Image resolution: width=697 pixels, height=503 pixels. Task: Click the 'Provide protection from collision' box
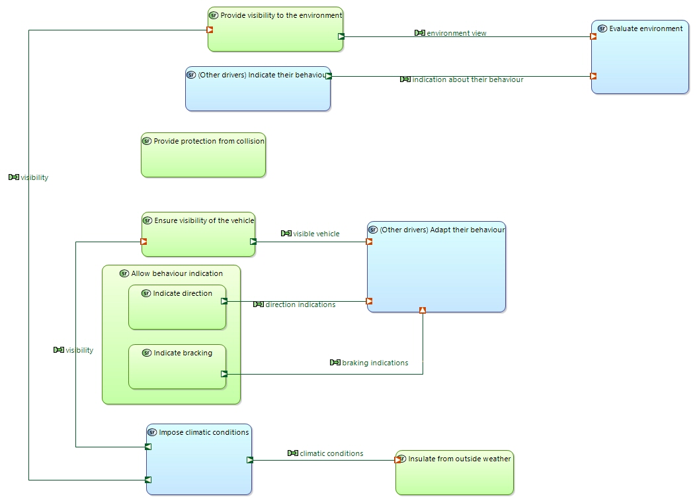(x=203, y=155)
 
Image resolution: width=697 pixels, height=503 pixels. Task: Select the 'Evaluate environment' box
(x=640, y=57)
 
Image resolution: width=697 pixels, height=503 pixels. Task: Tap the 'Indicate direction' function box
(x=177, y=307)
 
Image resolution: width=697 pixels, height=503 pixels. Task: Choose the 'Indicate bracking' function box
(x=177, y=367)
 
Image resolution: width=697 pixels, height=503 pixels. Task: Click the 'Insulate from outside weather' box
(x=455, y=473)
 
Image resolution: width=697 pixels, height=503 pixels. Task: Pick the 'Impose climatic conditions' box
(x=199, y=459)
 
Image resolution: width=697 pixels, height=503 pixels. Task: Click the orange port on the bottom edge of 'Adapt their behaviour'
(x=423, y=310)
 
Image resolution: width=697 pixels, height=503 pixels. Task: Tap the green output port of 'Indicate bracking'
(x=224, y=374)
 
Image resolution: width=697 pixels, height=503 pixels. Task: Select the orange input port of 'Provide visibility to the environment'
(x=210, y=30)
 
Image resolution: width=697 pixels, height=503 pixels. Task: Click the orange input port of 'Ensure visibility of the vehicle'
(x=143, y=242)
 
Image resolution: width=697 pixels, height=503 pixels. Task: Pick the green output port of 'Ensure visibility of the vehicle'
(x=253, y=242)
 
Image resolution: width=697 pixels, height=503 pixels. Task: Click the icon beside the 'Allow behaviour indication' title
(x=124, y=273)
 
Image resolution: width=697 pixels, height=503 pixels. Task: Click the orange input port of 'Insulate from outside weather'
(x=398, y=460)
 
